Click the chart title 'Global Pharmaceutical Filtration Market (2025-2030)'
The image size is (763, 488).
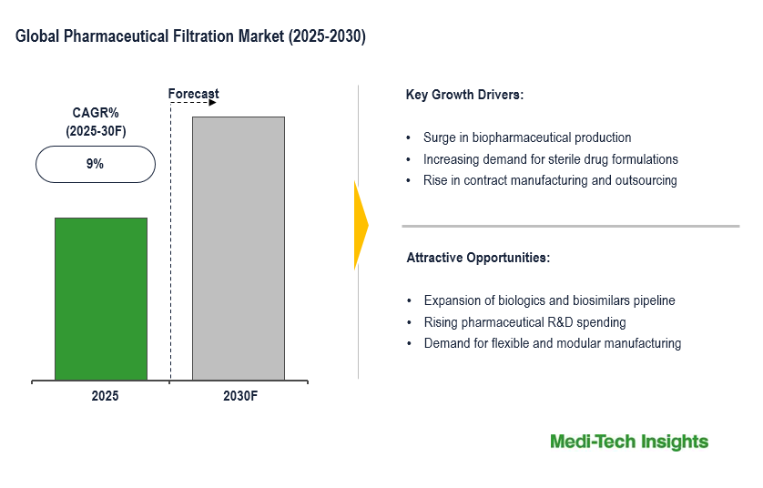191,37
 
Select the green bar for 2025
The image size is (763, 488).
101,299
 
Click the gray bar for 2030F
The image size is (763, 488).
238,248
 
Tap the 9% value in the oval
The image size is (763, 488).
96,165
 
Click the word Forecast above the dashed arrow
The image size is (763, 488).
194,94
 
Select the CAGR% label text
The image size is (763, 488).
96,113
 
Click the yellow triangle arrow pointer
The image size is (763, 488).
361,226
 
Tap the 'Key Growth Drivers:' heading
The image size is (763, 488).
464,95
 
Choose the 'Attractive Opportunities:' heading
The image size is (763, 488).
478,258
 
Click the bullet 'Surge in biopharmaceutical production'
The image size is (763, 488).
527,138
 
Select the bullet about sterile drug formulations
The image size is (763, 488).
550,159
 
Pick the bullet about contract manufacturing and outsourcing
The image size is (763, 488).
550,180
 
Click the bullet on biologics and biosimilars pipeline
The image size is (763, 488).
549,300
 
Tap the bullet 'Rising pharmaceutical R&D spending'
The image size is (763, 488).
524,322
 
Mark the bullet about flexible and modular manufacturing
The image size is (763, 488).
552,343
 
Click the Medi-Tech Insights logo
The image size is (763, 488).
629,442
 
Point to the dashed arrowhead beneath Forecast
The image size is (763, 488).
212,103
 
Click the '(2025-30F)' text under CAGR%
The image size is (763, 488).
96,131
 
